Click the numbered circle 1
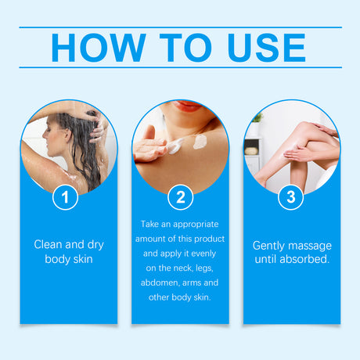pos(66,196)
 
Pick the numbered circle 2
pos(180,196)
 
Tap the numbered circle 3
pos(291,196)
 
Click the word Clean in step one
pos(48,244)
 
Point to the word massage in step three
pos(311,245)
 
